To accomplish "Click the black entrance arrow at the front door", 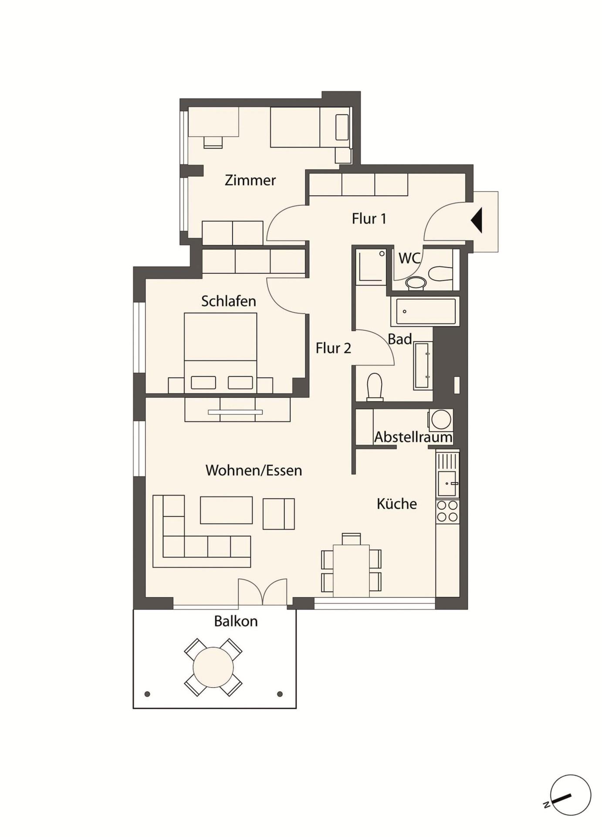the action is point(477,220).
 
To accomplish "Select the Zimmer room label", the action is point(250,180).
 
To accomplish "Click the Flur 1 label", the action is point(369,218).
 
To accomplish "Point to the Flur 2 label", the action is point(333,348).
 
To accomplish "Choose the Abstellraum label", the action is point(413,437).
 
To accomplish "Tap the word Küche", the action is point(397,504).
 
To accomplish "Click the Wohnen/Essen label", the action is point(254,470).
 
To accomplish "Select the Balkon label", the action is point(236,621).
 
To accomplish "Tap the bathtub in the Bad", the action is point(425,311).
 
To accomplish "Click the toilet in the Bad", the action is point(375,387).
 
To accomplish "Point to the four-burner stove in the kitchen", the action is point(447,511).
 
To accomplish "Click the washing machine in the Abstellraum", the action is point(441,420).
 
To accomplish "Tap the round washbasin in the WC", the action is point(416,282).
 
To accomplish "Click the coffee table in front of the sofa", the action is point(226,510).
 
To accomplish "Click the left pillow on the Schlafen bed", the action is point(203,382).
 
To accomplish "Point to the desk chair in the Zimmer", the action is point(213,143).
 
